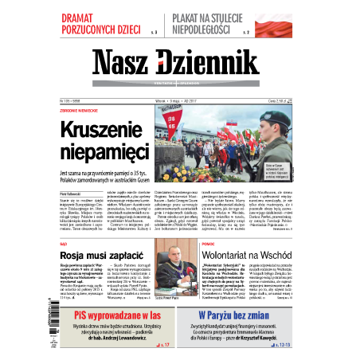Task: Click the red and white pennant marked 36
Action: coord(170,121)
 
